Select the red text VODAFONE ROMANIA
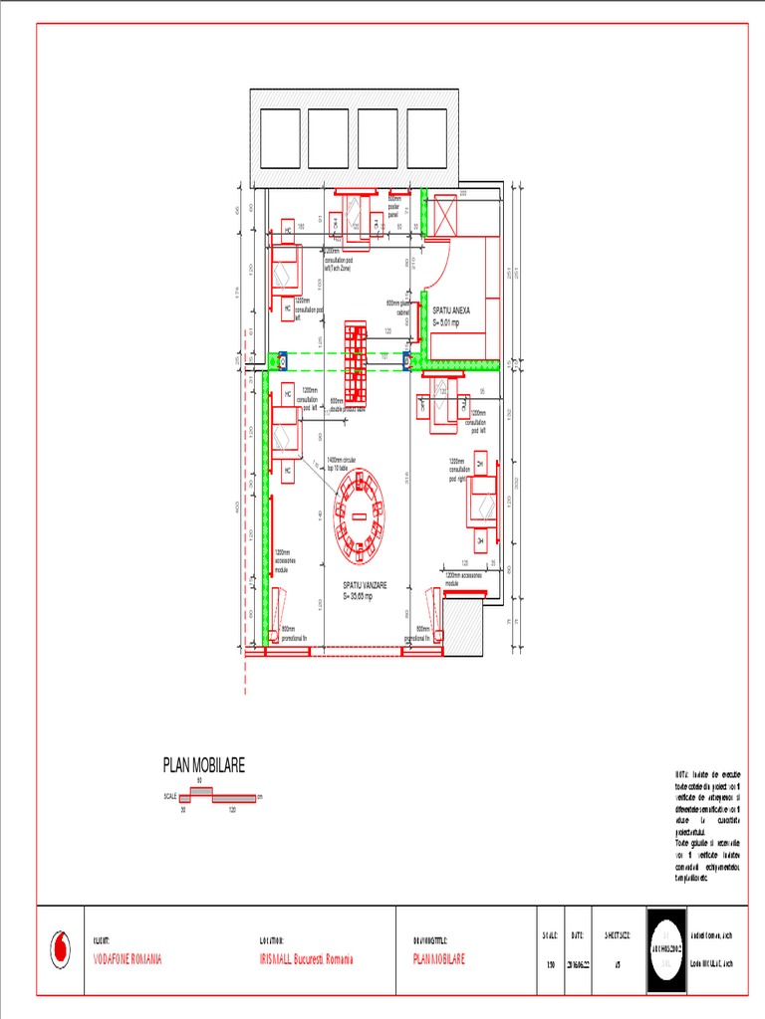pos(127,960)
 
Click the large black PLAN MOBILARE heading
pos(203,765)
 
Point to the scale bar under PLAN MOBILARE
pos(212,798)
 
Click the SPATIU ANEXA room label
pos(451,316)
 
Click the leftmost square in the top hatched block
pos(280,138)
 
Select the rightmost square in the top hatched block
pos(427,138)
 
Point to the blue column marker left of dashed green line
pos(282,359)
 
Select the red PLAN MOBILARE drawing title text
pos(438,960)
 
